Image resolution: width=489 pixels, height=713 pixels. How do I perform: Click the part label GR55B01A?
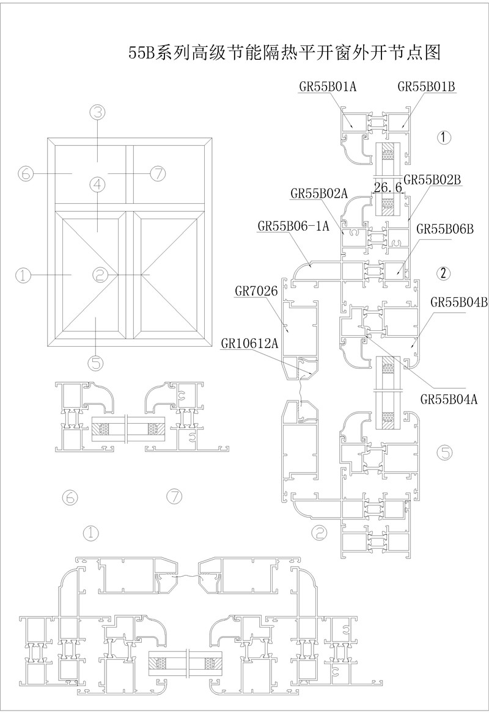click(x=328, y=87)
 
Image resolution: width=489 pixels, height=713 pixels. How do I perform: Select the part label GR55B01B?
click(x=427, y=87)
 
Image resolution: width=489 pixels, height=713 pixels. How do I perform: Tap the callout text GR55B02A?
click(x=319, y=194)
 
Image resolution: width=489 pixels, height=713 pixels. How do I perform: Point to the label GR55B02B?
click(x=432, y=179)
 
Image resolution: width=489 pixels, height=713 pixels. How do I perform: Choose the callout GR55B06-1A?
click(x=293, y=226)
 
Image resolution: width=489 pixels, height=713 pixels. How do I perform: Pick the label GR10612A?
click(x=250, y=344)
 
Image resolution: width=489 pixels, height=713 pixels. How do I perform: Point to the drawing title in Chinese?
click(x=284, y=52)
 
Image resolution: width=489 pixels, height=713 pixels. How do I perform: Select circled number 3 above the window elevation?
click(x=98, y=112)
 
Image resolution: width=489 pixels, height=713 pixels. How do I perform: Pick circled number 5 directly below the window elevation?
click(x=97, y=363)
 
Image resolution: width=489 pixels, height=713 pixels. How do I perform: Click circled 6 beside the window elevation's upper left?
click(x=24, y=173)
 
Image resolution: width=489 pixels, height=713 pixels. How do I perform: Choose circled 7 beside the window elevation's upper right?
click(x=158, y=173)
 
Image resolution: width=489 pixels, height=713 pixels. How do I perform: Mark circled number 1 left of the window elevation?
click(x=23, y=275)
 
